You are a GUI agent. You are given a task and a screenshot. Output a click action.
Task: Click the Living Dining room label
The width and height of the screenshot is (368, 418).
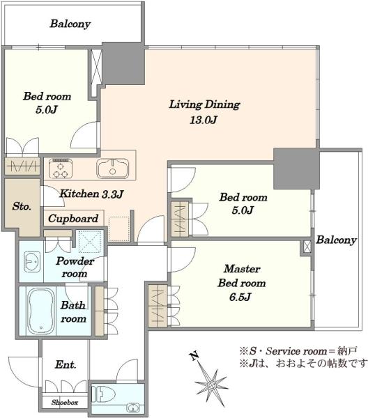coord(204,105)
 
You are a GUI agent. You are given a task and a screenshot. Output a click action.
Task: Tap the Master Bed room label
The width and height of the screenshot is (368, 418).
coord(242,276)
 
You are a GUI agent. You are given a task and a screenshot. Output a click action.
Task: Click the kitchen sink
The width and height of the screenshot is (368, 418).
coord(110,169)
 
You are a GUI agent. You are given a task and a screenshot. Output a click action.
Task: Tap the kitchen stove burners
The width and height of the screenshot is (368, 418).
coord(61,168)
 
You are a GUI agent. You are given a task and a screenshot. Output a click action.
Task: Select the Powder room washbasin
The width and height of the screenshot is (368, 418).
coord(32,262)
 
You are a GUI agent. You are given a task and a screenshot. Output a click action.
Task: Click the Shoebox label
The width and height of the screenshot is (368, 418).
coord(63,402)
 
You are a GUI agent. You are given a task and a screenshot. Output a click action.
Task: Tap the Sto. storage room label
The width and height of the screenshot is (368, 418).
coord(20,207)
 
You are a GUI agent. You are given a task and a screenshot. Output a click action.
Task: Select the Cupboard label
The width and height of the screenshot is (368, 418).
coord(73,219)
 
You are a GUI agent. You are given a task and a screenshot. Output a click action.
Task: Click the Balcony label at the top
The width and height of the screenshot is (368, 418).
coord(70,24)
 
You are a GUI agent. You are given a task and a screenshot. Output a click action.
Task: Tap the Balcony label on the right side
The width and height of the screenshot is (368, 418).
coord(336,240)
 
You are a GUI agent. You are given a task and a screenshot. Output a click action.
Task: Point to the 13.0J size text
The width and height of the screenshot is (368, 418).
coord(204,119)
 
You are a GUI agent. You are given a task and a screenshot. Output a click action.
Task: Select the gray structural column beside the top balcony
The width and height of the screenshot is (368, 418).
coord(123,64)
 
